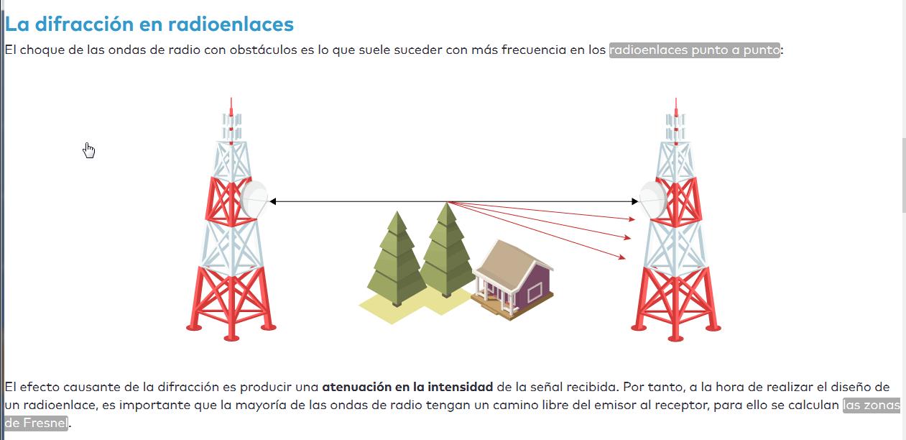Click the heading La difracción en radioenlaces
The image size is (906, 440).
[x=149, y=24]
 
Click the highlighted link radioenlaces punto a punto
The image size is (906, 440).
[x=694, y=50]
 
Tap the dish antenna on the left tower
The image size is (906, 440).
[x=254, y=198]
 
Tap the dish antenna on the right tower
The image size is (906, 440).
[x=652, y=199]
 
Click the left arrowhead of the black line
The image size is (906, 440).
[x=273, y=202]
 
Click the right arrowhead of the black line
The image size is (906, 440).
[x=634, y=202]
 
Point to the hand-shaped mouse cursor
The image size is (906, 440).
[x=88, y=150]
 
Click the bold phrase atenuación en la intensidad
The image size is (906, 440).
[x=407, y=387]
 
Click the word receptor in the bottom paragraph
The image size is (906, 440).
[x=683, y=405]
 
